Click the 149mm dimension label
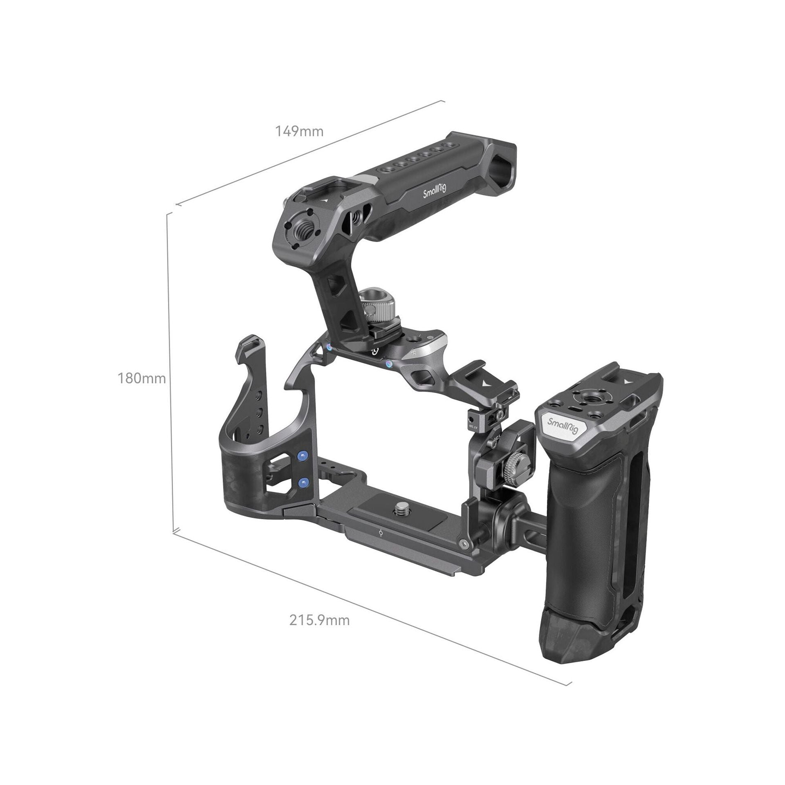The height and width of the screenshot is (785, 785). point(299,132)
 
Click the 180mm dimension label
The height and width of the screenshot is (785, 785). point(142,378)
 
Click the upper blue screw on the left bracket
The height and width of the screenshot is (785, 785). point(303,455)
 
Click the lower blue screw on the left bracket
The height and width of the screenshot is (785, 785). point(303,484)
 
